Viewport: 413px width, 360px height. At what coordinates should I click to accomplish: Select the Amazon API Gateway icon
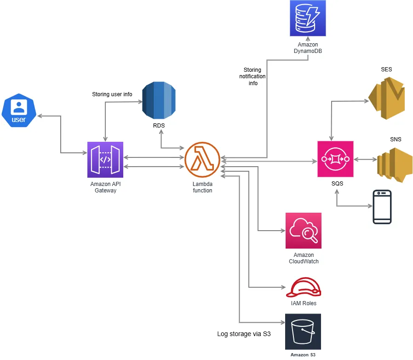105,159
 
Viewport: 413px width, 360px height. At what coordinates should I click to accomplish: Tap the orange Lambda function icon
202,159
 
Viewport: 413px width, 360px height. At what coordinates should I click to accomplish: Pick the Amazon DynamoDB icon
308,18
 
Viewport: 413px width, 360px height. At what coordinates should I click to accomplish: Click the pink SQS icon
335,159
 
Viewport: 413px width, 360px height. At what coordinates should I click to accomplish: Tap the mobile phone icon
382,207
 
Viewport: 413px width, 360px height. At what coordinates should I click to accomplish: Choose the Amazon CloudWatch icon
303,231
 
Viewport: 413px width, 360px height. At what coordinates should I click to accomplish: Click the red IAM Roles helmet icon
304,288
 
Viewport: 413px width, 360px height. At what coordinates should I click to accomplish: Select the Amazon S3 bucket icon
303,332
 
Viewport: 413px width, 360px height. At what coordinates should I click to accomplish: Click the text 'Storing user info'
112,94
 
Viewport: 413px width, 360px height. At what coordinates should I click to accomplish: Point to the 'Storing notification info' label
252,77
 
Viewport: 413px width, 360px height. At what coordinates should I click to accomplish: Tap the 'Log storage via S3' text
243,334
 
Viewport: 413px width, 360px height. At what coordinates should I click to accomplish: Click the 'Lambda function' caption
202,187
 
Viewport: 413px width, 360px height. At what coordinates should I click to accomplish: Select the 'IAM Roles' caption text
304,303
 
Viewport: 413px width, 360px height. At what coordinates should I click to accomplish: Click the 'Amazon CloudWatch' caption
304,258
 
